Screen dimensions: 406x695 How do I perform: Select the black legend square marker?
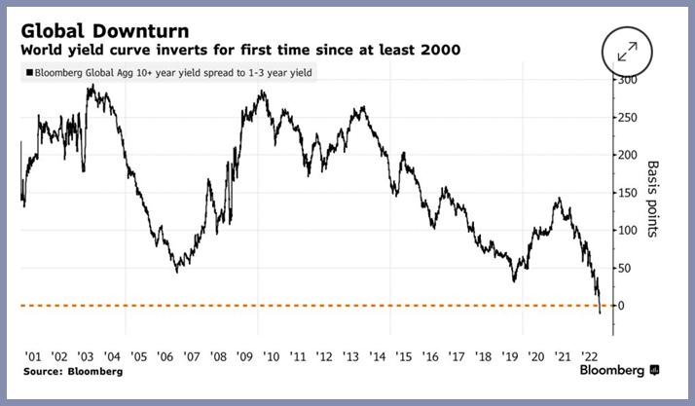pos(31,72)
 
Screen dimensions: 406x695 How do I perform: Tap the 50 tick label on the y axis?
pos(623,268)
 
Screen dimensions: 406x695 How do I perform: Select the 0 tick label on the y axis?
pos(619,306)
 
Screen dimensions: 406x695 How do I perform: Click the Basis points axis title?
pos(652,199)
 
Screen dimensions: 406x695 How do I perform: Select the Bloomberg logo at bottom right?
pos(619,371)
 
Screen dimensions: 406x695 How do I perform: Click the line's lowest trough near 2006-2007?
pos(176,271)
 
